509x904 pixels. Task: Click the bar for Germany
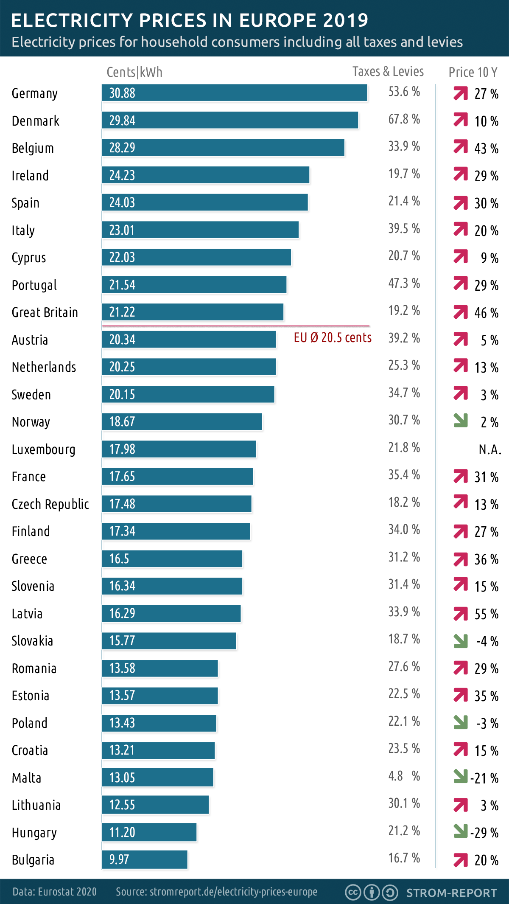(234, 93)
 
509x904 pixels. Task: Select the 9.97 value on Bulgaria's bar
(119, 859)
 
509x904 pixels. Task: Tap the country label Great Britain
(45, 313)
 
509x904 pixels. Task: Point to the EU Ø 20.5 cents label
(333, 338)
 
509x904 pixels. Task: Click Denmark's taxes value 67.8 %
(404, 119)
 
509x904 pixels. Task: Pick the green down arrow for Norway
(460, 421)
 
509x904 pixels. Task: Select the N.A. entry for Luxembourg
(490, 449)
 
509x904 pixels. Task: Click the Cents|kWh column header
(134, 72)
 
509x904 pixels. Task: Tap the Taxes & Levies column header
(388, 71)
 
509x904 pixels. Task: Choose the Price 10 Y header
(473, 72)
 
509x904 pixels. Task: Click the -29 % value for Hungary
(484, 833)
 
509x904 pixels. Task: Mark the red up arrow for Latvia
(460, 614)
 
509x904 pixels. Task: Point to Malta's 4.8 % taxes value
(404, 776)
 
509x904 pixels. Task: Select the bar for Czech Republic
(176, 504)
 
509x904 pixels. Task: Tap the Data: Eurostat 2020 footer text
(54, 892)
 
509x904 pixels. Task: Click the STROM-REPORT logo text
(451, 893)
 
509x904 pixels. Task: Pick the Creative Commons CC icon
(353, 893)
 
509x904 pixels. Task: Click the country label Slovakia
(33, 641)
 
